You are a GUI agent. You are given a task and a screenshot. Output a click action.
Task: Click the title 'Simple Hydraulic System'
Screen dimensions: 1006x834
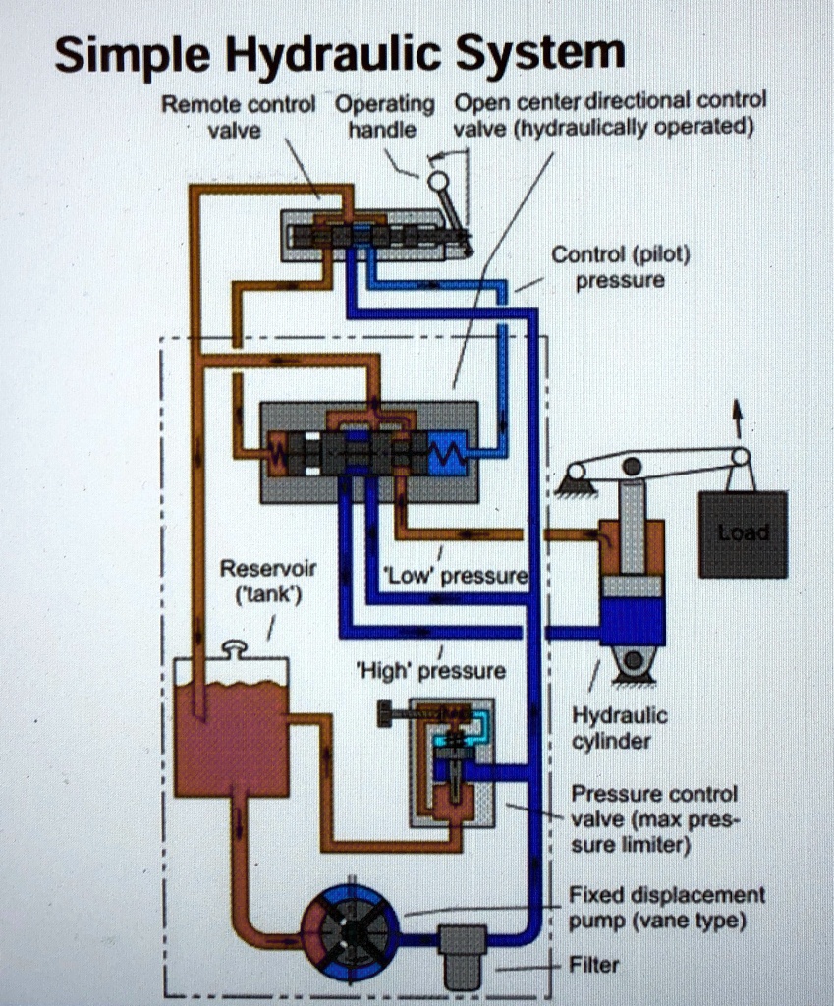coord(339,54)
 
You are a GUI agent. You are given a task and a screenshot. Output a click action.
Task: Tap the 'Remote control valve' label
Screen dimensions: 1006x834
coord(238,116)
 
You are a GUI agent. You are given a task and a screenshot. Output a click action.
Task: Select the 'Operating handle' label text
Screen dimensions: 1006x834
coord(384,116)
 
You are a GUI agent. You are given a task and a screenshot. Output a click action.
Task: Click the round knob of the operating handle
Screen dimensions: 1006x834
coord(438,180)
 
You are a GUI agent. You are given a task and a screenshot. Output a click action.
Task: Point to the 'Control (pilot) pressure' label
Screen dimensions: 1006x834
coord(620,267)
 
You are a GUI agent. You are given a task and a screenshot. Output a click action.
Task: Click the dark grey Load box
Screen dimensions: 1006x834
coord(743,534)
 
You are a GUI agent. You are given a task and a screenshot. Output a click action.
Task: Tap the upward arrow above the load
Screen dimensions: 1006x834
coord(738,418)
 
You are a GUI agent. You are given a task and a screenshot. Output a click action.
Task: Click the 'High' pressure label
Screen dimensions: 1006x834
coord(431,671)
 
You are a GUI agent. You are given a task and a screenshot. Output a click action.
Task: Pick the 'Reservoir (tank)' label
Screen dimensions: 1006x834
coord(254,582)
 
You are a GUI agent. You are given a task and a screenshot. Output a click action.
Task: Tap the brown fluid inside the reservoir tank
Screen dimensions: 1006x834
coord(232,737)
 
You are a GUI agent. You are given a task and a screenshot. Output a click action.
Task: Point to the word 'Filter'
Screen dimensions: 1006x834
coord(594,965)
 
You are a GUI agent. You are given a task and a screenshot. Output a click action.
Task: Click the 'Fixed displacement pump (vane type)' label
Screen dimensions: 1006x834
coord(666,908)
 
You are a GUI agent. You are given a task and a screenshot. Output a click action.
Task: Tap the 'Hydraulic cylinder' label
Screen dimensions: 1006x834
coord(619,728)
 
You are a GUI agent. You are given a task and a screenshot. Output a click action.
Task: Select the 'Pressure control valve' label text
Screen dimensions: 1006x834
coord(653,818)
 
